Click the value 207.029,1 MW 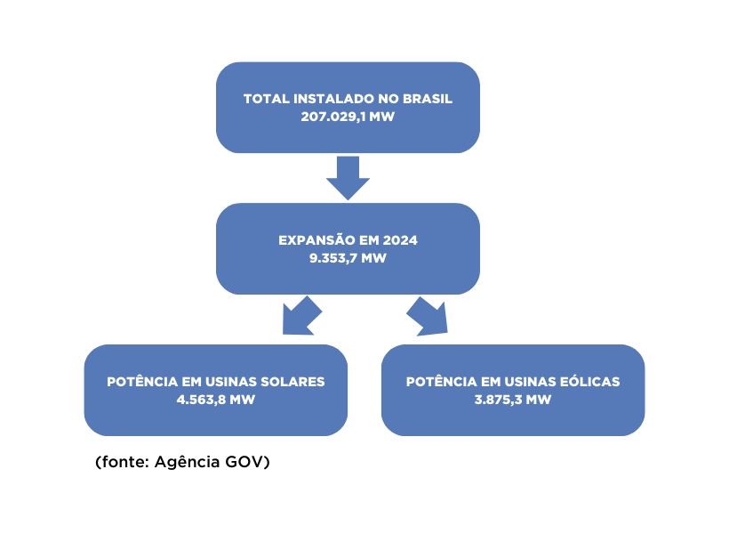tap(348, 117)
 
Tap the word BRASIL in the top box tap(430, 99)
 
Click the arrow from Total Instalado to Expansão tap(348, 177)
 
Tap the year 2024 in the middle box tap(399, 240)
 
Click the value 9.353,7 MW tap(348, 258)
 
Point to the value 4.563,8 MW tap(215, 400)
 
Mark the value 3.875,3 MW tap(513, 400)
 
